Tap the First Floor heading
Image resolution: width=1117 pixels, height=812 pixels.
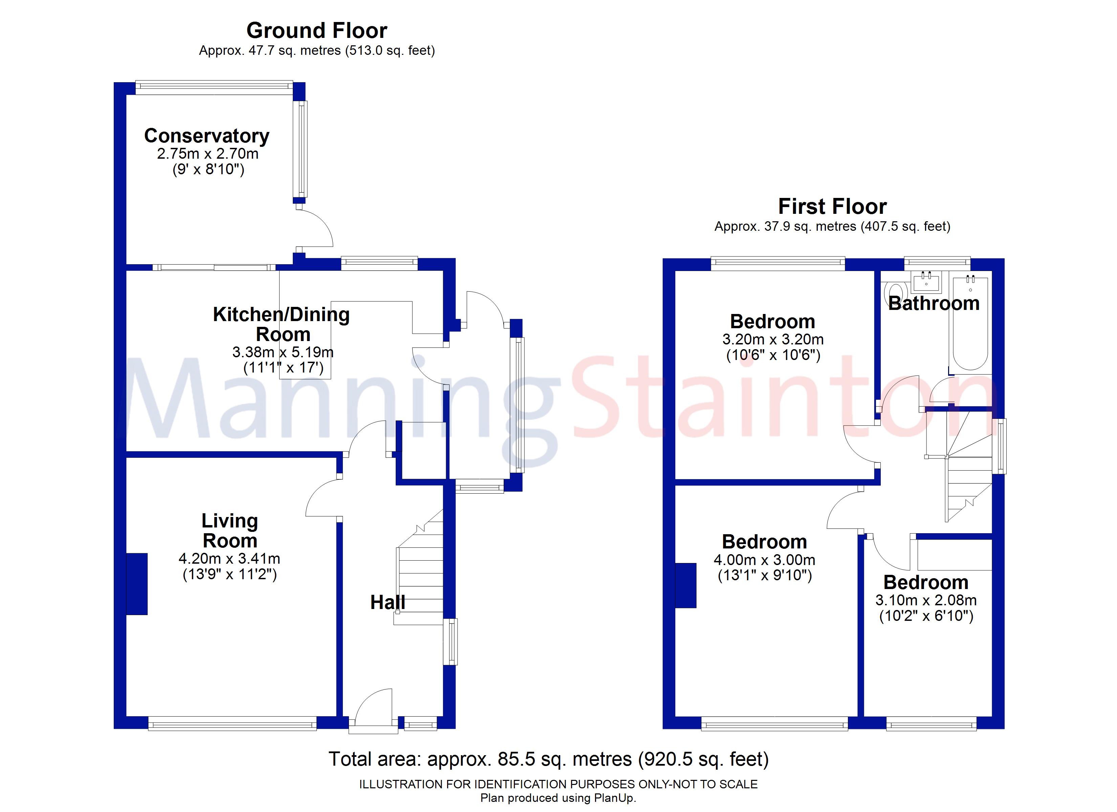tap(832, 207)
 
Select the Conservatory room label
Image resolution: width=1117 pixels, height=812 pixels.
tap(206, 136)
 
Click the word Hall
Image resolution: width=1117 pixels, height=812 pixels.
tap(388, 602)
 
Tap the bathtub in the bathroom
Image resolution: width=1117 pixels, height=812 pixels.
tap(970, 325)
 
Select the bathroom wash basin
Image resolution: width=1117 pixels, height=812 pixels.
tap(926, 282)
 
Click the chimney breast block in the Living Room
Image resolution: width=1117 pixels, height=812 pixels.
tap(137, 584)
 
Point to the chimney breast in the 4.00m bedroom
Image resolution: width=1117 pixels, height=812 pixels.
tap(685, 586)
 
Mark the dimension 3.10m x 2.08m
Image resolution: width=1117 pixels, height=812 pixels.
tap(926, 600)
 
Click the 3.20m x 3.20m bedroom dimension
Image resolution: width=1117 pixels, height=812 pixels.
tap(773, 339)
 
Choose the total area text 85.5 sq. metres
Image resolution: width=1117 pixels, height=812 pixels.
tap(548, 759)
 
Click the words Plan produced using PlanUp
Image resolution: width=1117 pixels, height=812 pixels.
tap(558, 798)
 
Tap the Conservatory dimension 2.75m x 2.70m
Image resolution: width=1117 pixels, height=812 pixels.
tap(207, 154)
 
